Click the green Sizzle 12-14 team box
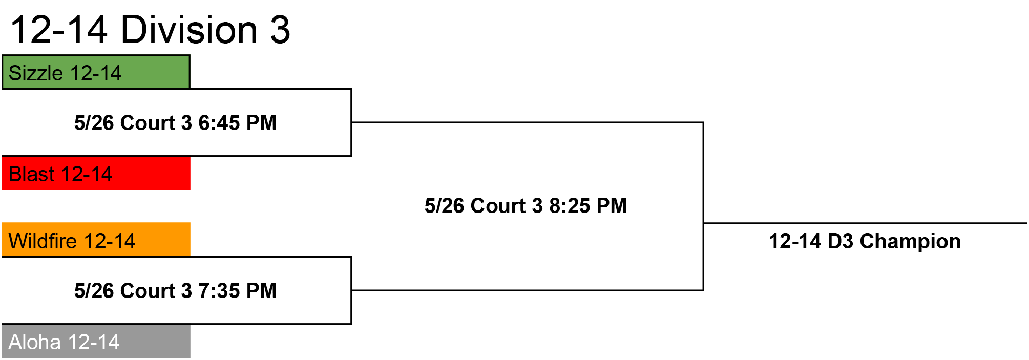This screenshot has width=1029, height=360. click(96, 72)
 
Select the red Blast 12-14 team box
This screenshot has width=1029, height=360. click(96, 173)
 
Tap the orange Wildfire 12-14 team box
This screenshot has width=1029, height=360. click(96, 239)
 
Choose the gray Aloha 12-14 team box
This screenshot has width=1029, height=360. click(96, 341)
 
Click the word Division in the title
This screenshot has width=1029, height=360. click(189, 29)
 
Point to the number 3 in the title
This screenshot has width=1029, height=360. click(280, 30)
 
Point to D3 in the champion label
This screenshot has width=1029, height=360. click(841, 241)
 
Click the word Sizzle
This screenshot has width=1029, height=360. click(36, 73)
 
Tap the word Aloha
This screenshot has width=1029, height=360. click(35, 342)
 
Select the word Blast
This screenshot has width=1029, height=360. click(31, 174)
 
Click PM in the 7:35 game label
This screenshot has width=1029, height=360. click(261, 291)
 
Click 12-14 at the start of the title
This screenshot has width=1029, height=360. click(59, 30)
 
